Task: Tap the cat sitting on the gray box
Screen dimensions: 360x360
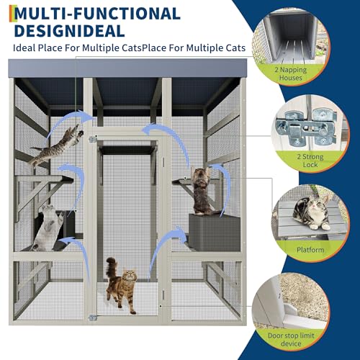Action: coord(202,191)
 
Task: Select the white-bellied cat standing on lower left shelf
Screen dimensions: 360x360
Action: coord(48,227)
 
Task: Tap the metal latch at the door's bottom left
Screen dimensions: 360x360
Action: coord(92,318)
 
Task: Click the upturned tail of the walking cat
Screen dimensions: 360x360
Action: coord(110,267)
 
